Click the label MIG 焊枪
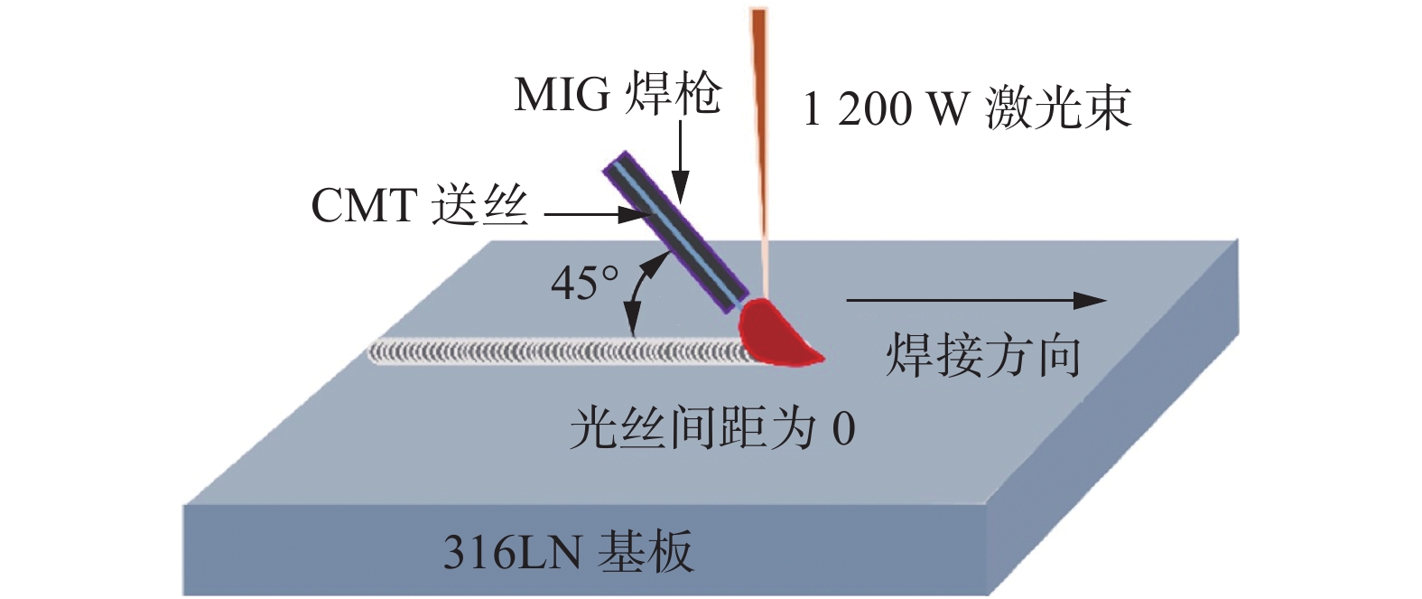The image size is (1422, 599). click(618, 94)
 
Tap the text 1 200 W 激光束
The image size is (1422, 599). click(966, 109)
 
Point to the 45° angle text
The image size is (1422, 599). click(585, 284)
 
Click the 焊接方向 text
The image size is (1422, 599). click(982, 355)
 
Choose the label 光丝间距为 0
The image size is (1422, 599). click(711, 427)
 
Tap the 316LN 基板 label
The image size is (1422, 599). click(568, 552)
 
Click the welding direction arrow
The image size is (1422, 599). click(975, 301)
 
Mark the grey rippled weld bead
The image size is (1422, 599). click(560, 351)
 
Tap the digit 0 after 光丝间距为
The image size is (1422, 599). click(843, 428)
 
